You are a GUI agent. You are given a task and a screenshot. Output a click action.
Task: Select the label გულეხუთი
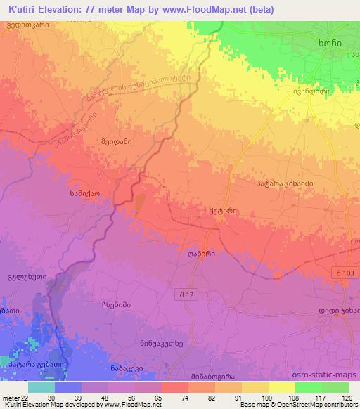(25, 277)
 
